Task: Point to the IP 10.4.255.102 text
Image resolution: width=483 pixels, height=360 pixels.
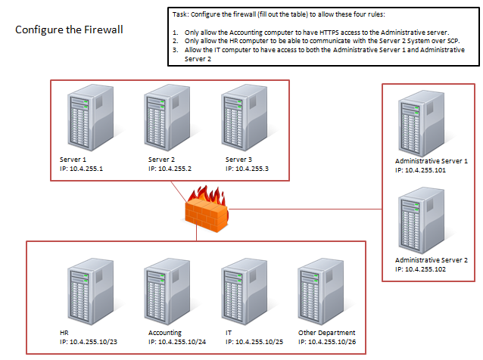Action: tap(432, 268)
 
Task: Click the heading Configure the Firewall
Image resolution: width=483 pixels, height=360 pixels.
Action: tap(70, 30)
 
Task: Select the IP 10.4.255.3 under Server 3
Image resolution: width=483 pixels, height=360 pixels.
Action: tap(247, 169)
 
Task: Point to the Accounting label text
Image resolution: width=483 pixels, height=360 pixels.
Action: tap(166, 333)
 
